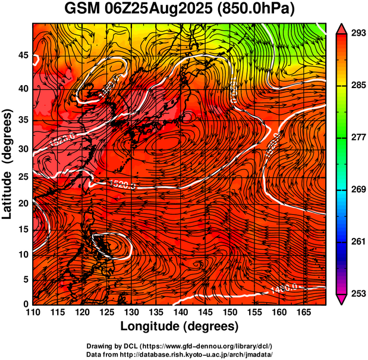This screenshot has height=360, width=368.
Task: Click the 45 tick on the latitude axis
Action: pos(23,55)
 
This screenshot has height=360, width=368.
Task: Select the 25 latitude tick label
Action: pos(23,176)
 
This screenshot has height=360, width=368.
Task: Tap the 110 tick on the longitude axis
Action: pos(33,312)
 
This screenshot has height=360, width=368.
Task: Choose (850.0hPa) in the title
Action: pos(258,10)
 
